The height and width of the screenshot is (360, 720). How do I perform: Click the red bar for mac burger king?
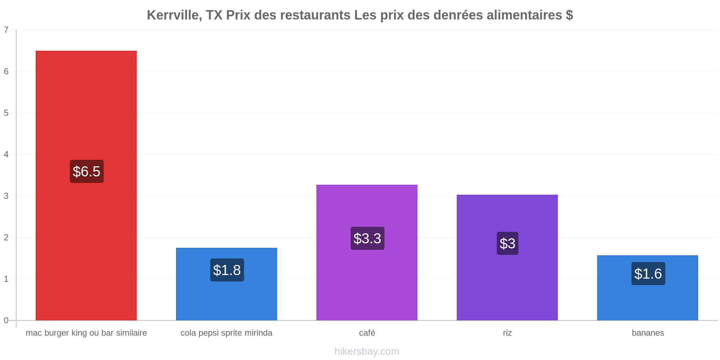coord(86,185)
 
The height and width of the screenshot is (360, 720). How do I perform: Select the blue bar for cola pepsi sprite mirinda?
coord(226,284)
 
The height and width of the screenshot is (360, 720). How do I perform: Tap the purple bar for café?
coord(367,252)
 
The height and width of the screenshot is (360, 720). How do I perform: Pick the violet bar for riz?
coord(507,257)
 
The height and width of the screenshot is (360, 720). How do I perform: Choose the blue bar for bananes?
coord(648,288)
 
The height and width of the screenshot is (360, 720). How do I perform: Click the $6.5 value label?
coord(86,171)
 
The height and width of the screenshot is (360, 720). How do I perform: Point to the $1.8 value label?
coord(227,270)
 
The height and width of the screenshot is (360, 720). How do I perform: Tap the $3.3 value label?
coord(367,238)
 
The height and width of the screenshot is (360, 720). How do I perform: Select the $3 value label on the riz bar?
coord(508,243)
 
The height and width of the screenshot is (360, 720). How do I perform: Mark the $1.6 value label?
coord(648,274)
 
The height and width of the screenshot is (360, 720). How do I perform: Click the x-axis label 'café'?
coord(367,333)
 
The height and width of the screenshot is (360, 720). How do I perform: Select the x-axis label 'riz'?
coord(507,333)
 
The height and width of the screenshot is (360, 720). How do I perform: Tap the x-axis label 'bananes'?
coord(648,333)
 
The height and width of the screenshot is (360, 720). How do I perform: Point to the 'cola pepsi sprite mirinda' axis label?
coord(226,333)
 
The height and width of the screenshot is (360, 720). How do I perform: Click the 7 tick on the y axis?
coord(6,30)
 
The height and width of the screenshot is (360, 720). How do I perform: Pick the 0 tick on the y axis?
coord(6,320)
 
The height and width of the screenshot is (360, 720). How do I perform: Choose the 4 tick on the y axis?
coord(6,154)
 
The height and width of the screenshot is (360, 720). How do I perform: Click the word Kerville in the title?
coord(174,15)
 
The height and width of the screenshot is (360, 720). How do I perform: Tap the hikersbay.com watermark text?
coord(367,351)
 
